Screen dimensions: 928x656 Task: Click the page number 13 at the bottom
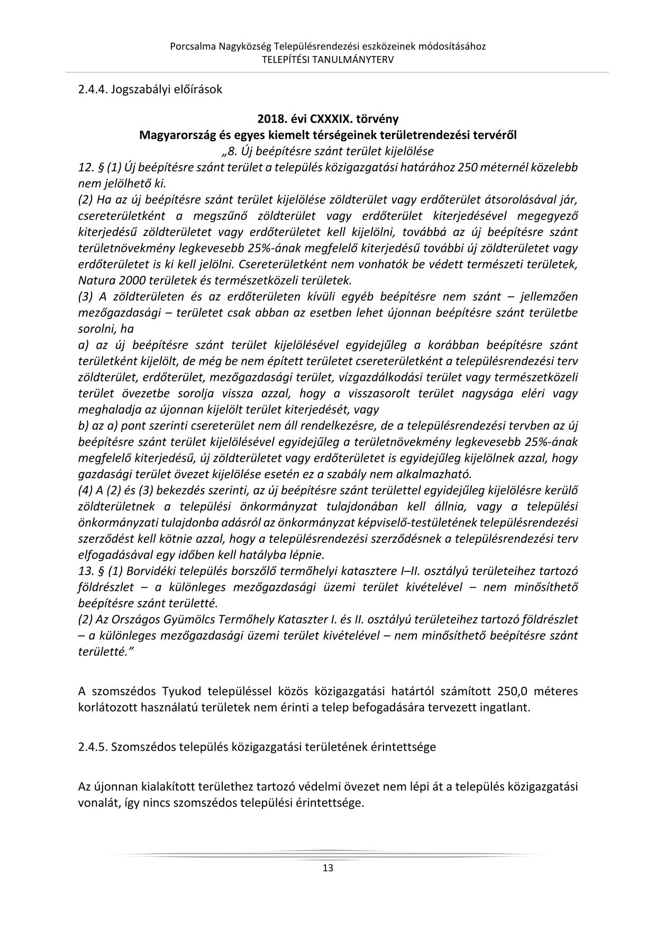click(x=327, y=868)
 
